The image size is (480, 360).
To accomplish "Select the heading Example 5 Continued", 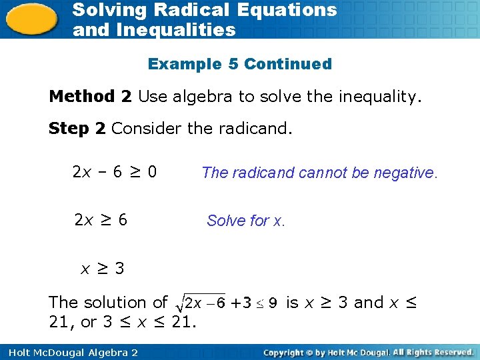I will coord(239,64).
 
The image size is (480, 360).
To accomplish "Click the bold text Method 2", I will coord(90,97).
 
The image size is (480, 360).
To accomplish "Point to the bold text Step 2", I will coord(77,129).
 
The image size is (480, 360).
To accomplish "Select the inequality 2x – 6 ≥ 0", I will coord(114,172).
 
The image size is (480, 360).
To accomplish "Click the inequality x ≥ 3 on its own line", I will coord(102,269).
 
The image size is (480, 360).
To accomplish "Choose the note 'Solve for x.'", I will coord(246,221).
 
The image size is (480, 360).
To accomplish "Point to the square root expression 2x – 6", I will coord(203,303).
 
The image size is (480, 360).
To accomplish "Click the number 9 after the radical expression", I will coord(273,303).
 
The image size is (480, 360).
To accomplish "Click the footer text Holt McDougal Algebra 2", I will coord(69,352).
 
